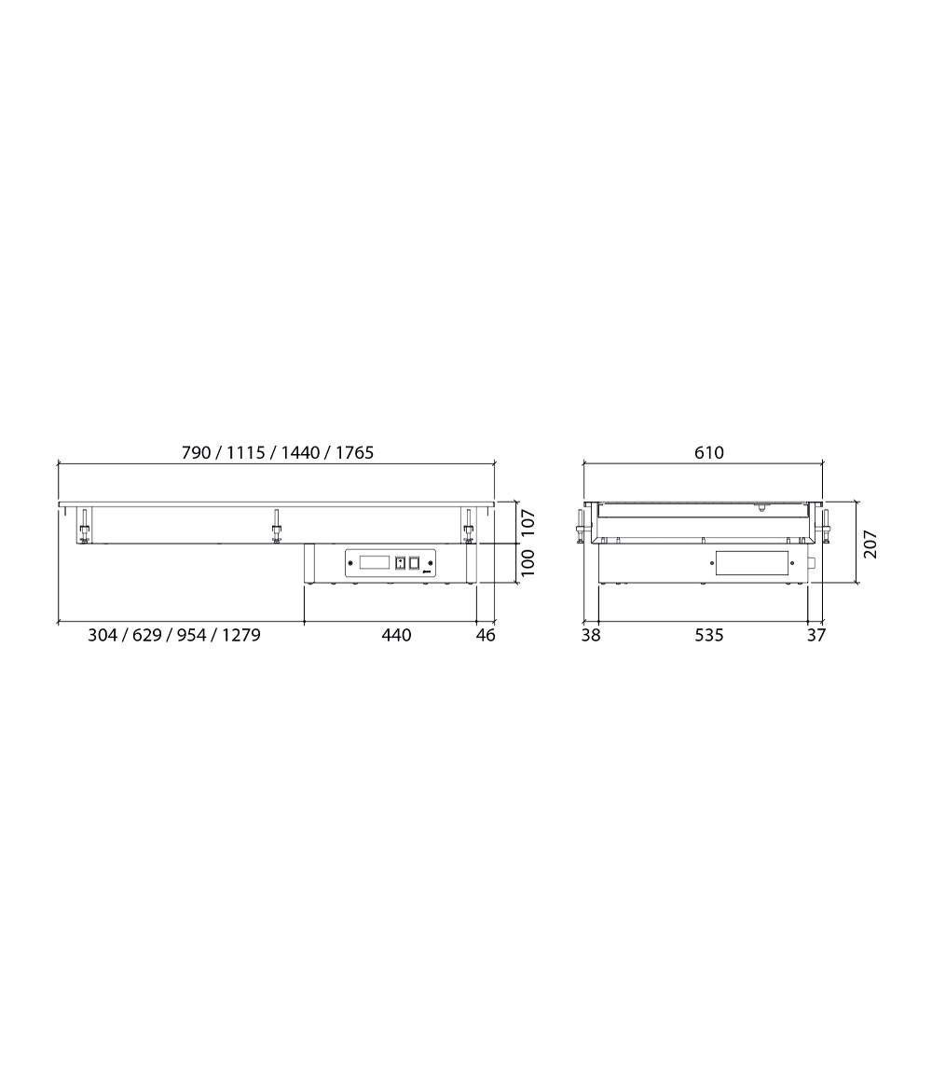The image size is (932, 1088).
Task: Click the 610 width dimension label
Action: [708, 453]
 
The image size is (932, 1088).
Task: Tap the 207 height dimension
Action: [870, 544]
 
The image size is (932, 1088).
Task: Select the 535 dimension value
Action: [708, 635]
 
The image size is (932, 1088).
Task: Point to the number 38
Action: [591, 635]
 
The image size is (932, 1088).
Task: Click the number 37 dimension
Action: [816, 635]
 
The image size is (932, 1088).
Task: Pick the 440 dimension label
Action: [396, 635]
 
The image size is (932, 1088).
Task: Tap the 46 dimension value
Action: [487, 635]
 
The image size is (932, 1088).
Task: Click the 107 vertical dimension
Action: [528, 522]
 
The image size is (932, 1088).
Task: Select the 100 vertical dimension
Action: [528, 562]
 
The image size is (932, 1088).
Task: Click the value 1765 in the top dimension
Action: [355, 453]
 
